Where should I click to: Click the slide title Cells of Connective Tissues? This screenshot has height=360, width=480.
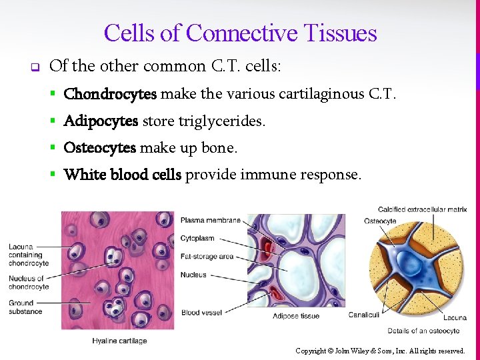tap(240, 33)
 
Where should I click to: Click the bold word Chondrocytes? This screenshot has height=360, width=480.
tap(110, 94)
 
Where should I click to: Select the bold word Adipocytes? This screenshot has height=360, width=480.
tap(101, 121)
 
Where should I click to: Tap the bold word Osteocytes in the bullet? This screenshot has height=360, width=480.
tap(99, 148)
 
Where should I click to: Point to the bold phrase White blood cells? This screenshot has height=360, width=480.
tap(122, 175)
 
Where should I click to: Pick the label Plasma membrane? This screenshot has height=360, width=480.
tap(210, 221)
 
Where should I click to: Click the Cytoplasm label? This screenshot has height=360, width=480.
tap(197, 238)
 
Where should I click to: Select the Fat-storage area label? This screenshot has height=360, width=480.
tap(207, 257)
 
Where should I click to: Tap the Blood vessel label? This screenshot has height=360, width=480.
tap(200, 312)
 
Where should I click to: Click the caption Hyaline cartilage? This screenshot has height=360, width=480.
tap(119, 341)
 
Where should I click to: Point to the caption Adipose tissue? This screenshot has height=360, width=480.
tap(295, 316)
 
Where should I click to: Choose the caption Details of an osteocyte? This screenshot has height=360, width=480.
tap(423, 331)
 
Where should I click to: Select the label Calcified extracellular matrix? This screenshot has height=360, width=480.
tap(422, 210)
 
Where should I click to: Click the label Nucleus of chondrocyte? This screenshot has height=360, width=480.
tap(29, 283)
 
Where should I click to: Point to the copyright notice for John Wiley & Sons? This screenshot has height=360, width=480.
tap(380, 351)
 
